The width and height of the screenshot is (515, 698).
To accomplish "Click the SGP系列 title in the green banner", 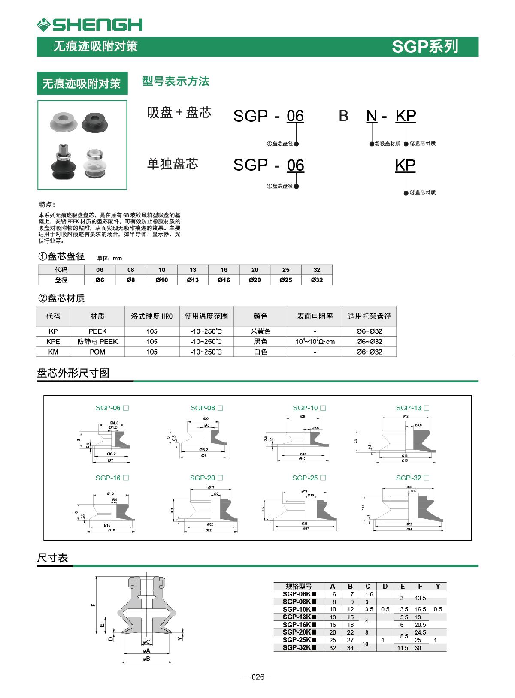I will (425, 47).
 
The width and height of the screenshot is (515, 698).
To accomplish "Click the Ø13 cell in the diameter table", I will (193, 280).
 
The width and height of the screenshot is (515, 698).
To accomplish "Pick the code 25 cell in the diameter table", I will (286, 270).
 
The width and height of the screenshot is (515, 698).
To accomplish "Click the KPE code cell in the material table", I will (53, 341).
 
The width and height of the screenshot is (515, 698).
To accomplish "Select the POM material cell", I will (97, 352).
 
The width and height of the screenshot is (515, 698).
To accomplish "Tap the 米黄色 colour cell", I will (261, 331).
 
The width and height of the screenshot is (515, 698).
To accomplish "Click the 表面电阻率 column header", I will (315, 316).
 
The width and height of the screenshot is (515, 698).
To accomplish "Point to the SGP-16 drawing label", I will (112, 478).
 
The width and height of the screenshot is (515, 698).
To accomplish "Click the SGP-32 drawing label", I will (412, 478).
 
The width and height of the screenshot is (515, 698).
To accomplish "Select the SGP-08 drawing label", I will (206, 408).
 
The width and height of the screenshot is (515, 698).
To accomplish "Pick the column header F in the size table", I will (420, 586).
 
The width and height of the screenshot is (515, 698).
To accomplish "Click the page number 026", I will (257, 677).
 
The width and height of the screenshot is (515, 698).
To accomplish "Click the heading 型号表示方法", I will (176, 81).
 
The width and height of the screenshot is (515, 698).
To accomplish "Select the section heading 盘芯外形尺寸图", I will (73, 373).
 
